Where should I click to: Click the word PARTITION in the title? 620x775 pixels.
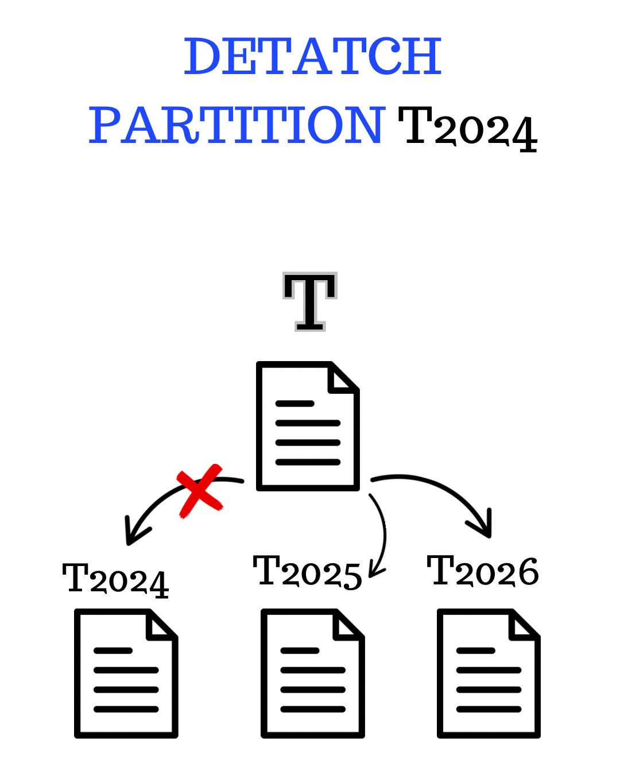(237, 125)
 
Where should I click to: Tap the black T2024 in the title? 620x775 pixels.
(467, 127)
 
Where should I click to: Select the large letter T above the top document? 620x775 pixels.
(310, 301)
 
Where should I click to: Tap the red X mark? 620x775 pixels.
(200, 491)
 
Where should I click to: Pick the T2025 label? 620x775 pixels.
(308, 572)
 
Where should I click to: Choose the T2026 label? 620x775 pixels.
(483, 571)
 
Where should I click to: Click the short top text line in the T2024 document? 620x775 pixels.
(113, 651)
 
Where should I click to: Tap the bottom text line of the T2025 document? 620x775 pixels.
(313, 710)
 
